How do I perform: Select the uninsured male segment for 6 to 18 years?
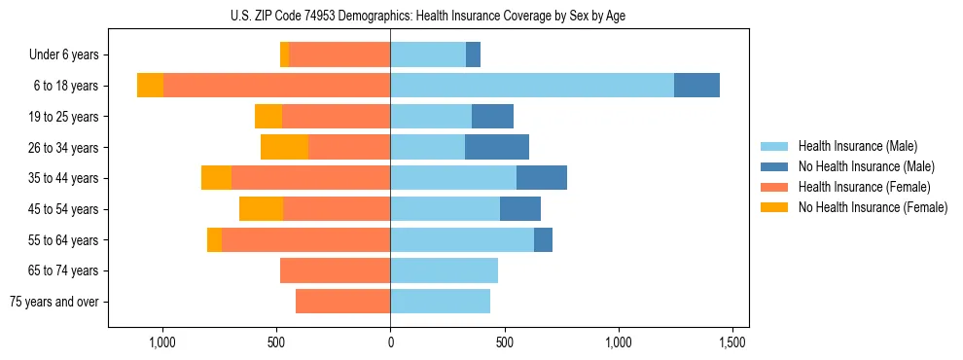[x=696, y=86]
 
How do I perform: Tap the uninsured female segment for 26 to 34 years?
[x=284, y=147]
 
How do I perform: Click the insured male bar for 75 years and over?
[x=440, y=302]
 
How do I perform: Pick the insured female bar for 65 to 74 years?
[x=335, y=270]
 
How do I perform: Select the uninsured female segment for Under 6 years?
[x=284, y=54]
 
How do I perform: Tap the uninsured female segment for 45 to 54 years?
[x=261, y=208]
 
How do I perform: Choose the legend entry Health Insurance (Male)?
[x=857, y=146]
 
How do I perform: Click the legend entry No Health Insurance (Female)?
[x=873, y=207]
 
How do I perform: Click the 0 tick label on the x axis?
[x=390, y=342]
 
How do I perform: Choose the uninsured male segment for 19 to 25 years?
[x=492, y=117]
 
